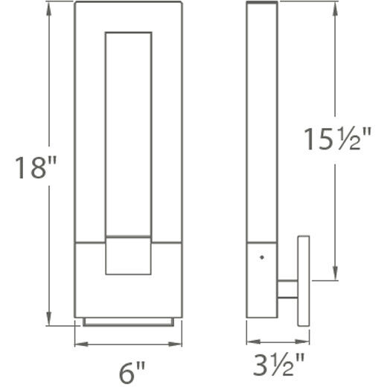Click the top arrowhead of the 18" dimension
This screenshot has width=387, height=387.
pyautogui.click(x=51, y=6)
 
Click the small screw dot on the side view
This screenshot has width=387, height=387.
pyautogui.click(x=261, y=258)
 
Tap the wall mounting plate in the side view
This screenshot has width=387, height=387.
pyautogui.click(x=303, y=281)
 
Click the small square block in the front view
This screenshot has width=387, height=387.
pyautogui.click(x=128, y=256)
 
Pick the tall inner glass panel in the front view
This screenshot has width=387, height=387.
pyautogui.click(x=128, y=134)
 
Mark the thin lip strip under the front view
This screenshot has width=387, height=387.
pyautogui.click(x=129, y=322)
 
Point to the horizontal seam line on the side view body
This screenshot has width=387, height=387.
pyautogui.click(x=262, y=242)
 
